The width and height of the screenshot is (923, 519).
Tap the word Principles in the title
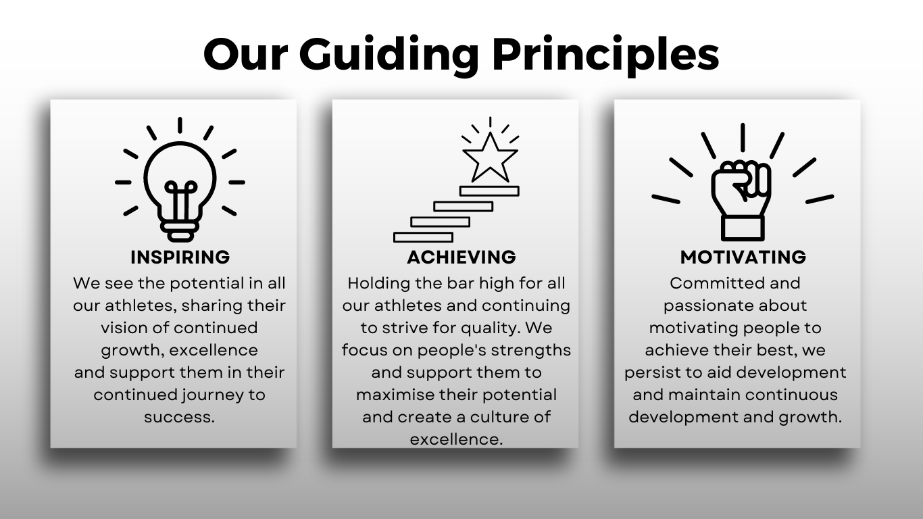click(x=605, y=55)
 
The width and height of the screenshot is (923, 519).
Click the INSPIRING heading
click(x=180, y=257)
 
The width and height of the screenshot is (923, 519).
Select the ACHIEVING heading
click(x=461, y=257)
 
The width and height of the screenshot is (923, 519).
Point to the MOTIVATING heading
click(x=743, y=257)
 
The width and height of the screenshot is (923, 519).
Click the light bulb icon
click(x=180, y=180)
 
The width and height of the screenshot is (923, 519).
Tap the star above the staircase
click(x=490, y=158)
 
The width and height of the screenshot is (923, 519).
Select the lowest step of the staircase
click(x=423, y=237)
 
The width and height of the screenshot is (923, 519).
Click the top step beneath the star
click(x=489, y=191)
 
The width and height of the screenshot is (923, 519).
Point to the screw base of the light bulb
click(x=180, y=232)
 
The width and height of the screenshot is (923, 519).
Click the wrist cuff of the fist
click(x=743, y=228)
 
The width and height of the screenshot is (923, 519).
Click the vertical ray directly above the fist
click(x=743, y=138)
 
